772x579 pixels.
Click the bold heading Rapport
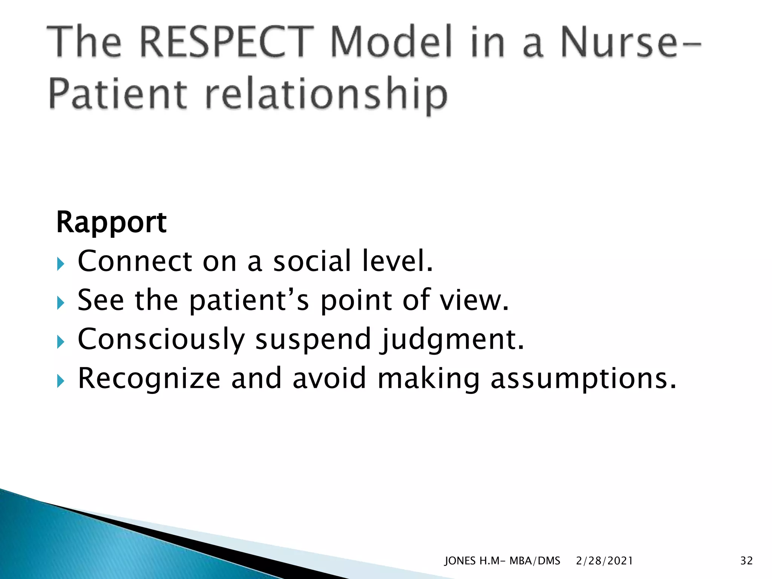(111, 222)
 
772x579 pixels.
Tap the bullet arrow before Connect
(61, 264)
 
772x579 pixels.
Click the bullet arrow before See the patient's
(61, 303)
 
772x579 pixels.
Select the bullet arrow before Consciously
(61, 342)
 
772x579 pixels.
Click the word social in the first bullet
(312, 261)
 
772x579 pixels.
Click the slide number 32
(746, 561)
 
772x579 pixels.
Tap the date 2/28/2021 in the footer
(604, 561)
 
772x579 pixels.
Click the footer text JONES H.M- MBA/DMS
(502, 561)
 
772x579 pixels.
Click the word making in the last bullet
(428, 379)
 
